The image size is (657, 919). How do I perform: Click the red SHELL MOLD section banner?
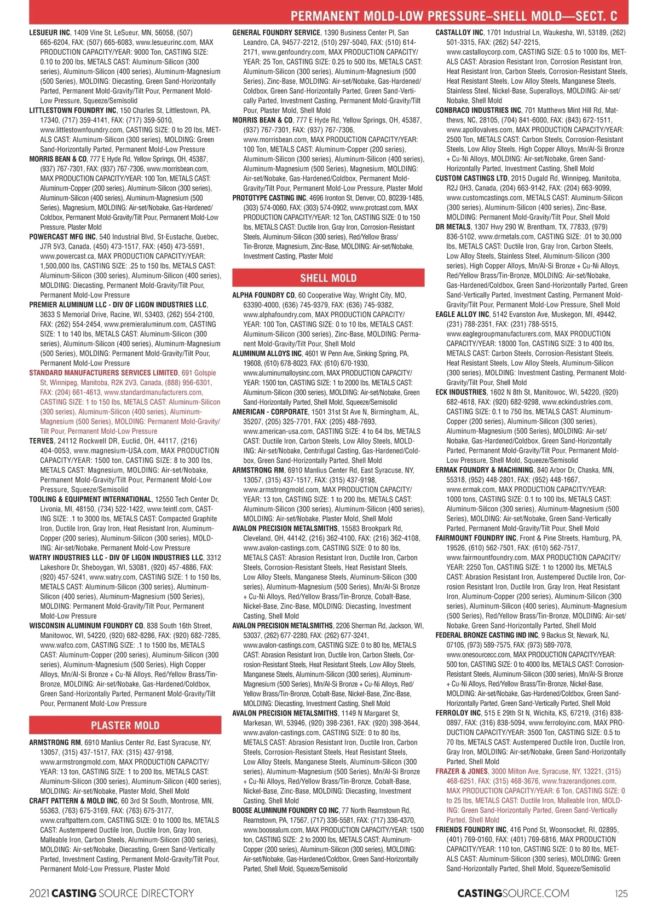(x=328, y=278)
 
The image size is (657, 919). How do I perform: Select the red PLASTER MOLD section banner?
(x=125, y=725)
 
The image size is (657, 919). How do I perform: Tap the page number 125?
(x=621, y=893)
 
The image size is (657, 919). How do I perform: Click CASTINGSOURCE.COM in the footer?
(x=513, y=893)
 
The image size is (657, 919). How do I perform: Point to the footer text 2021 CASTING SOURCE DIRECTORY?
(x=112, y=893)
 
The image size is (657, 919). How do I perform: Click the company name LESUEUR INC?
(x=49, y=33)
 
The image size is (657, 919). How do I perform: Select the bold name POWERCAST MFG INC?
(x=62, y=237)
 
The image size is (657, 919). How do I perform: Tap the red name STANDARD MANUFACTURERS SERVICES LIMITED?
(x=103, y=373)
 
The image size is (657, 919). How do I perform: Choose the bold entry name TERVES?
(x=42, y=441)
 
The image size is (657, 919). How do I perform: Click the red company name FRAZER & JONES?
(x=462, y=771)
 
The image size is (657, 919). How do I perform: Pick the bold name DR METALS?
(x=453, y=227)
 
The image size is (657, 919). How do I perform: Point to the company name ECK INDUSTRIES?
(x=461, y=392)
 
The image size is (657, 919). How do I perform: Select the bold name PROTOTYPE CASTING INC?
(x=269, y=198)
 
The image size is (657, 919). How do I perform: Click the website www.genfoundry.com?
(x=293, y=52)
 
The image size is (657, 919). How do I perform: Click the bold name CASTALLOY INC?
(x=459, y=33)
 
